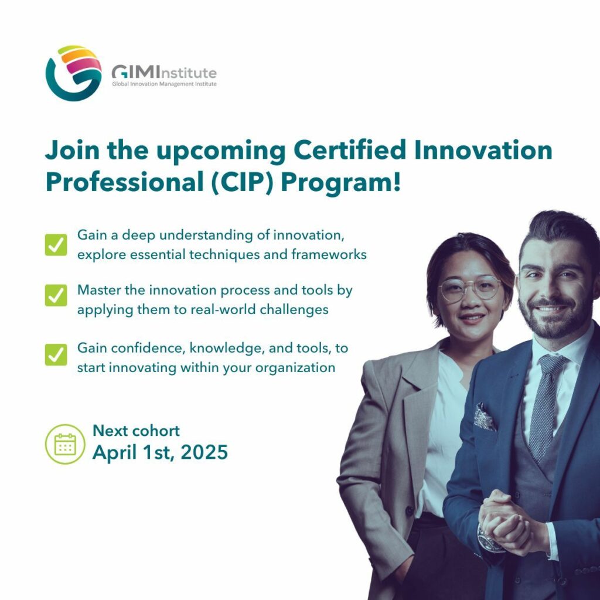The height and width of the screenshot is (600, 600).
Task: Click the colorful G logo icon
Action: click(x=74, y=73)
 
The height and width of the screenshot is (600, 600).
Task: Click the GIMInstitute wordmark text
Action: click(x=163, y=73)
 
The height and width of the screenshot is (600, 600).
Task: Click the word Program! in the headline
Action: click(x=341, y=182)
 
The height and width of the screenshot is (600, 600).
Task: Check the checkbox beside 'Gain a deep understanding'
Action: click(x=56, y=245)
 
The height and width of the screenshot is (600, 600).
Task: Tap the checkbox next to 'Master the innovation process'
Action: click(x=56, y=295)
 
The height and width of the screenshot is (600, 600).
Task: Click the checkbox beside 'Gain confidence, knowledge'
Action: click(x=56, y=354)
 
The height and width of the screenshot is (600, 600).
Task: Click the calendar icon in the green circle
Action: click(x=65, y=444)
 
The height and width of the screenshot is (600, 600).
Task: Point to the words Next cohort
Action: click(x=136, y=431)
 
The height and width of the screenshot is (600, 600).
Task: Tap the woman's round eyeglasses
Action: click(x=471, y=288)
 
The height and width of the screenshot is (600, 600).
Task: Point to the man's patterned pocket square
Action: click(x=485, y=417)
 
